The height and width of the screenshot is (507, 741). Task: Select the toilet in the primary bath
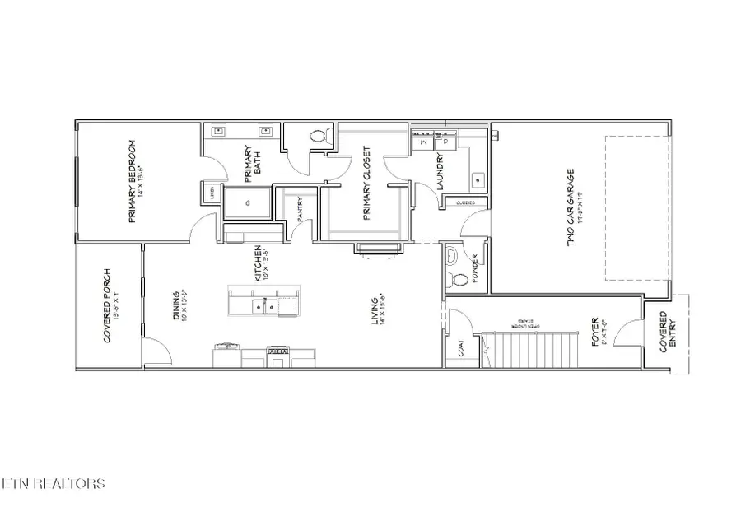coord(319,135)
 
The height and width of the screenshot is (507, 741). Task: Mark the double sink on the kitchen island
coord(267,307)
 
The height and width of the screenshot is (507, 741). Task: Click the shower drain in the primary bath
coord(246,201)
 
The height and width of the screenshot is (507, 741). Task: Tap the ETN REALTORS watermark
coord(53,483)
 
